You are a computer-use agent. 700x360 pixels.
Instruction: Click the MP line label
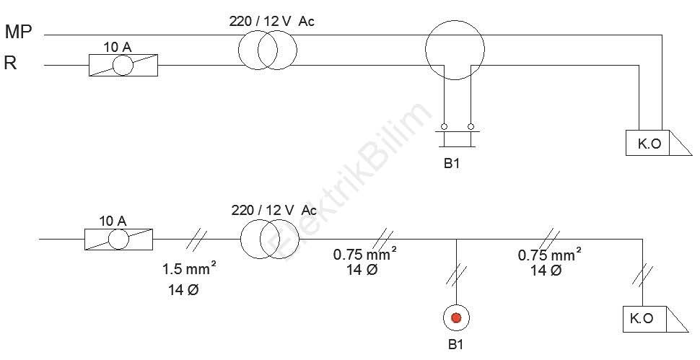(x=18, y=32)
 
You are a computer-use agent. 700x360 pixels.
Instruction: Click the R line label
(x=10, y=63)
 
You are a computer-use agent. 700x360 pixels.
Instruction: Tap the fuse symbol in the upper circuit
(x=123, y=66)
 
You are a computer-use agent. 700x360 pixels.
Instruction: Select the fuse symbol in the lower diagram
(x=119, y=239)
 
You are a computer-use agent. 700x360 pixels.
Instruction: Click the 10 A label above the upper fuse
(x=118, y=48)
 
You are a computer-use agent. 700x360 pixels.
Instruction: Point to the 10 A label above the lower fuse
(x=113, y=221)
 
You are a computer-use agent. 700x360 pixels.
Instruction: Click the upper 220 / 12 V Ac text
(x=271, y=21)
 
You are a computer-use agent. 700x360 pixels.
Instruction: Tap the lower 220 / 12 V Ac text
(x=274, y=210)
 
